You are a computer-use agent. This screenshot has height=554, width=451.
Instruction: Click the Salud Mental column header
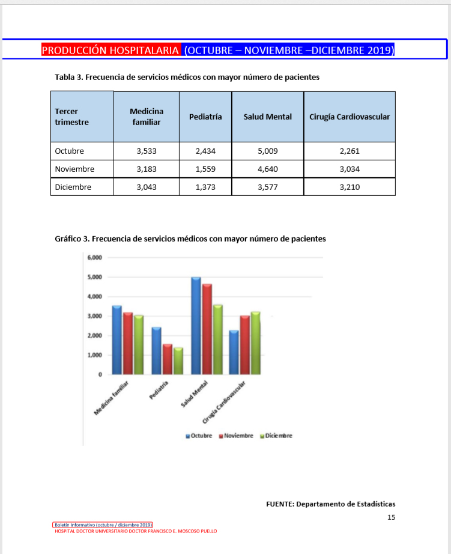tap(267, 117)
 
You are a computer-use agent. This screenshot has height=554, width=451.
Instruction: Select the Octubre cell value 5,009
tap(267, 151)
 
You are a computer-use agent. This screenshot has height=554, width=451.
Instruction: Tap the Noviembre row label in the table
tap(74, 169)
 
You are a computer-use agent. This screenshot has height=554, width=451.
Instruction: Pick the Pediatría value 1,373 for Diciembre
tap(205, 187)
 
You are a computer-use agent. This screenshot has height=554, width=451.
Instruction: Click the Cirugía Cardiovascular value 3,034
tap(349, 169)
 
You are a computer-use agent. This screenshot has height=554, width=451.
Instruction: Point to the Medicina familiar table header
tap(147, 117)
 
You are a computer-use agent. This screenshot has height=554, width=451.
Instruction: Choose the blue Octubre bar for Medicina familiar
tap(117, 339)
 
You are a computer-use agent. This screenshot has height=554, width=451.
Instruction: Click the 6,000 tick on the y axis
tap(95, 258)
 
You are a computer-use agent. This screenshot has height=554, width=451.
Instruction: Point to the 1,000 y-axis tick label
tap(95, 355)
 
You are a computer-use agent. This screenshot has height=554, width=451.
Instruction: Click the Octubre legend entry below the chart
tap(199, 436)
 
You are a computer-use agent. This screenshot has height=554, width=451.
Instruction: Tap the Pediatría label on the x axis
tap(160, 391)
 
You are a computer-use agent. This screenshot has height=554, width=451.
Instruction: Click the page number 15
tap(391, 517)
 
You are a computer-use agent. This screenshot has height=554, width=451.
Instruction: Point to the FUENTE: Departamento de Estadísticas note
tap(330, 504)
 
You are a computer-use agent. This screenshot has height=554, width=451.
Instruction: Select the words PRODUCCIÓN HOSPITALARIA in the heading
tap(110, 50)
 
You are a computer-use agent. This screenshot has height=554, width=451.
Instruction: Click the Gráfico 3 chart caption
tap(190, 239)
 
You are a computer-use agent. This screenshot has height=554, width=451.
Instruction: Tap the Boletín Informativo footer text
tap(103, 525)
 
